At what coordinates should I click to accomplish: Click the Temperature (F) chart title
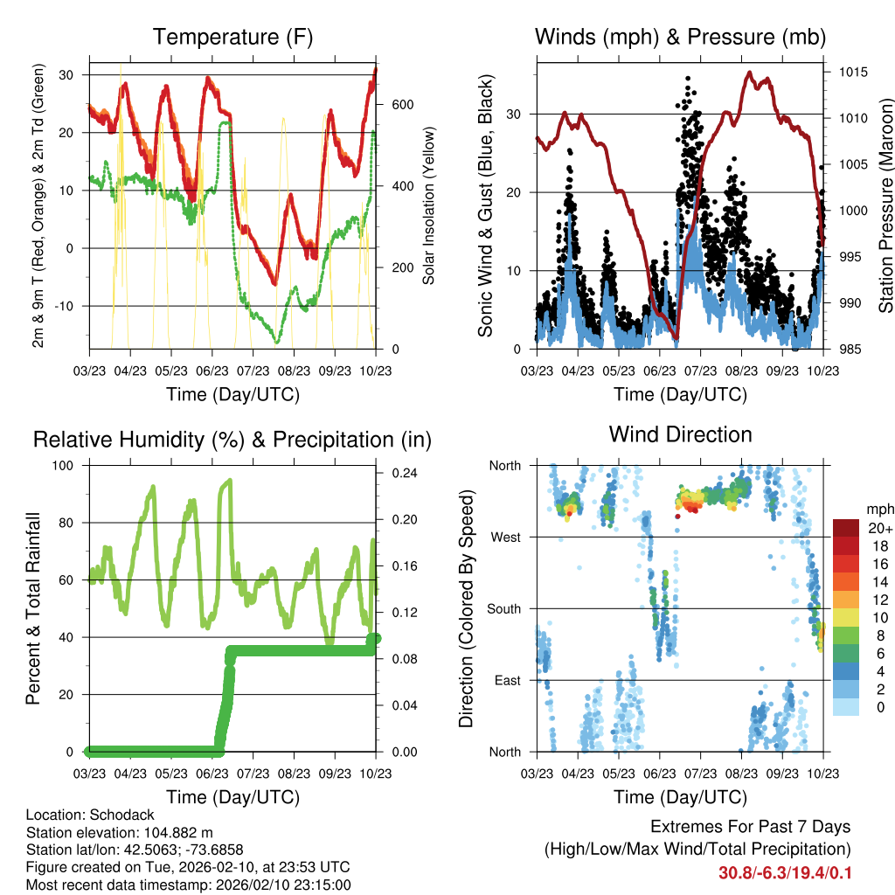pyautogui.click(x=232, y=38)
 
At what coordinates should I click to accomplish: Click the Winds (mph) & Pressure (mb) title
pyautogui.click(x=680, y=38)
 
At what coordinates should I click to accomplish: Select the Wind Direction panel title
pyautogui.click(x=680, y=434)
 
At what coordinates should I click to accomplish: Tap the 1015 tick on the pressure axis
pyautogui.click(x=853, y=72)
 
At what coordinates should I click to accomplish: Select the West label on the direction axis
pyautogui.click(x=506, y=538)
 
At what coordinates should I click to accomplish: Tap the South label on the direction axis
pyautogui.click(x=504, y=609)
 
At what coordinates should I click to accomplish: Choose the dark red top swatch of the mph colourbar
pyautogui.click(x=845, y=527)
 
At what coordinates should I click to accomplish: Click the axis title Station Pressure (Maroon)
pyautogui.click(x=885, y=205)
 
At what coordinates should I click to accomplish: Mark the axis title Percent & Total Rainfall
pyautogui.click(x=33, y=608)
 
